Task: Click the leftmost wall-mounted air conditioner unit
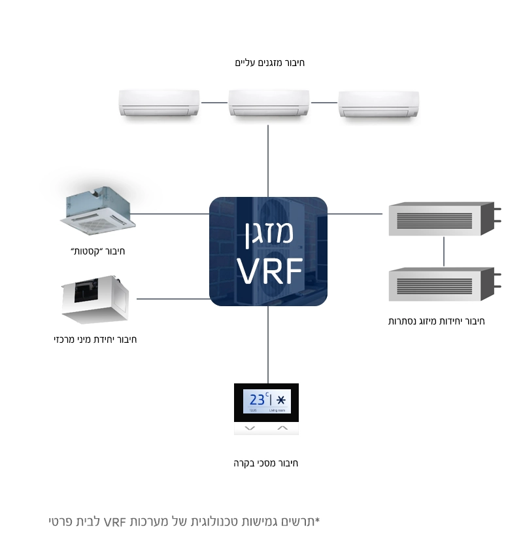(x=159, y=103)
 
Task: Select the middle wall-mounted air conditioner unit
(x=269, y=103)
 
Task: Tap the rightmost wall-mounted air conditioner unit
(x=379, y=104)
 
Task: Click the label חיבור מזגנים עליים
(x=269, y=63)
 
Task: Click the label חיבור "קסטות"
(x=97, y=251)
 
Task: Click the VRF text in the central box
(x=269, y=271)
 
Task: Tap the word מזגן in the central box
(x=269, y=232)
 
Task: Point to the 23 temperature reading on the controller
(x=258, y=399)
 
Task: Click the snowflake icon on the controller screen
(x=282, y=400)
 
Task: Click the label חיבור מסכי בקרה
(x=266, y=463)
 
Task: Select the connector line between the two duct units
(x=444, y=252)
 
